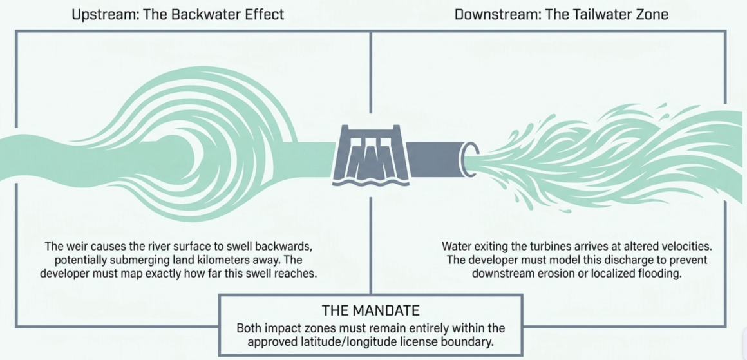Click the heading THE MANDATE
point(371,311)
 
